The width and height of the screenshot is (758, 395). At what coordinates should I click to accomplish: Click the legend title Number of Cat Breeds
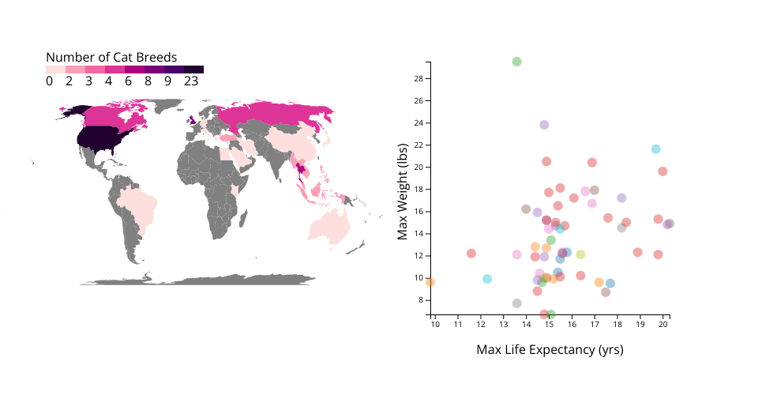(x=111, y=58)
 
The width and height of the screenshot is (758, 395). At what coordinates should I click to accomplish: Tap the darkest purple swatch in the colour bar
(x=194, y=70)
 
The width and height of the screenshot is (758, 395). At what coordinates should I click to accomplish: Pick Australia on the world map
(x=332, y=225)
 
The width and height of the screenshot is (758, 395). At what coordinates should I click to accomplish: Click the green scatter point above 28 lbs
(x=517, y=62)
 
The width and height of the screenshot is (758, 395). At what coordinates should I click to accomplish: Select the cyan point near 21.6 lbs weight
(x=655, y=149)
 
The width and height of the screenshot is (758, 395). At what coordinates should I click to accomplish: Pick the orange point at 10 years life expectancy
(x=430, y=282)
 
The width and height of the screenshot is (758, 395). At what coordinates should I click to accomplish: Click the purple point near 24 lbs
(x=544, y=125)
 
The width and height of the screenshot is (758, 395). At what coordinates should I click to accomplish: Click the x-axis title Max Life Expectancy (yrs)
(x=550, y=349)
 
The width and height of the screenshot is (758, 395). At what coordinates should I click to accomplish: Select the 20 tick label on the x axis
(x=665, y=323)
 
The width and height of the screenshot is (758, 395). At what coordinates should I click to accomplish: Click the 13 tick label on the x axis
(x=504, y=323)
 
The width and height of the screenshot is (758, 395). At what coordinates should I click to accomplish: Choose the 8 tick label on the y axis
(x=422, y=300)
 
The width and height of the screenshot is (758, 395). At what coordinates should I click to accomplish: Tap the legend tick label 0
(x=49, y=81)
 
